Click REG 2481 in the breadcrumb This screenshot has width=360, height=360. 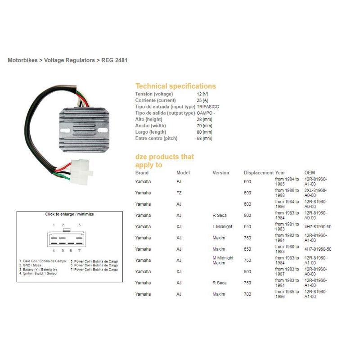pos(114,60)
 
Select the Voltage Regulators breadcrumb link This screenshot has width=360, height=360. pos(69,60)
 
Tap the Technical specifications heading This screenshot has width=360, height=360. pos(175,86)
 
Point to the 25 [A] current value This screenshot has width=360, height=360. pos(202,100)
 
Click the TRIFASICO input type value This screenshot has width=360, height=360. pos(208,107)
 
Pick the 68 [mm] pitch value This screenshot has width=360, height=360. pos(204,139)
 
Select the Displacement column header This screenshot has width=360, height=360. pos(259,173)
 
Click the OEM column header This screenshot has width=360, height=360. pos(310,173)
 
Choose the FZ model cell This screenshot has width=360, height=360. pos(179,193)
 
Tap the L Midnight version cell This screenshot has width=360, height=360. pos(222,227)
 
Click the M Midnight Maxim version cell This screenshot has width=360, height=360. pos(223,261)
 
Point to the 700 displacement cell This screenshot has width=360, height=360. pos(247,294)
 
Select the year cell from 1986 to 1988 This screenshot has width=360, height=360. pos(287,193)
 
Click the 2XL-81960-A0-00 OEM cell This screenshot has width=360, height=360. pos(315,193)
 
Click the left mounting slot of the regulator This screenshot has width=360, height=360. pos(65,130)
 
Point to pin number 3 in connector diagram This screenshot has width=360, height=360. pos(80,225)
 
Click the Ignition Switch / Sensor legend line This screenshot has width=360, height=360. pos(38,274)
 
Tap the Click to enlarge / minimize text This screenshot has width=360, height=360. pos(70,214)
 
